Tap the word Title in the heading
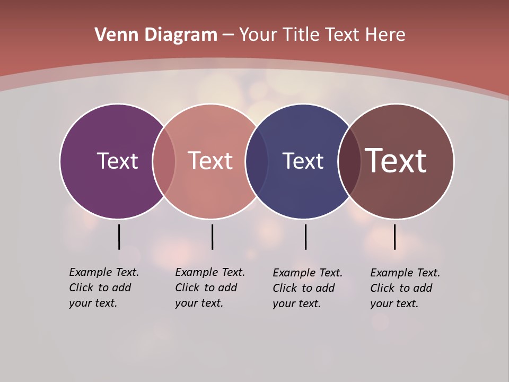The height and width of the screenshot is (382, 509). [x=302, y=35]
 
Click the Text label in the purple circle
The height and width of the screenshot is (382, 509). [x=117, y=161]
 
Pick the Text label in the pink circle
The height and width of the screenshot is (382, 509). [x=210, y=161]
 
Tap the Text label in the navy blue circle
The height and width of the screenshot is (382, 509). [x=303, y=161]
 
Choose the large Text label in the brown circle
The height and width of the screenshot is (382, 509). [x=396, y=161]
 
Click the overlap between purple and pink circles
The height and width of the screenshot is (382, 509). [x=164, y=161]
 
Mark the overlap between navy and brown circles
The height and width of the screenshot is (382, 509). [x=349, y=161]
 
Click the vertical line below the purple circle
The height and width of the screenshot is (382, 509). [x=119, y=237]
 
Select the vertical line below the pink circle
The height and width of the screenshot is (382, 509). [x=212, y=237]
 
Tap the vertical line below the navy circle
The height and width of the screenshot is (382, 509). [x=305, y=237]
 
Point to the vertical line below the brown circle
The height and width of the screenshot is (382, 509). [x=394, y=237]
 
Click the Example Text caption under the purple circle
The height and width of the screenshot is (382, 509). [x=104, y=288]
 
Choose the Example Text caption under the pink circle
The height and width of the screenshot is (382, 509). [x=210, y=288]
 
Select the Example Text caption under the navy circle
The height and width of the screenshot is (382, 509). [x=308, y=288]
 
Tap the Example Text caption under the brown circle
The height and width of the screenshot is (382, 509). [x=405, y=288]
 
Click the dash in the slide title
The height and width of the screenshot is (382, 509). [x=228, y=35]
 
